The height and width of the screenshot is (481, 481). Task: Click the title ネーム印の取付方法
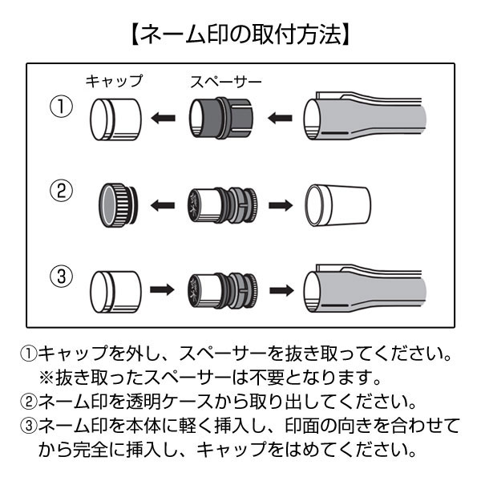(240, 34)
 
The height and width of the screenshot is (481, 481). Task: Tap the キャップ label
(114, 81)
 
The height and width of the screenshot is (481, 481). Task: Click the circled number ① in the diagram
(61, 108)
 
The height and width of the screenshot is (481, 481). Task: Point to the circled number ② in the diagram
(61, 192)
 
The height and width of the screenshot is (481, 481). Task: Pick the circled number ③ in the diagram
(61, 279)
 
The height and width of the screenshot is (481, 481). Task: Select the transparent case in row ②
(337, 205)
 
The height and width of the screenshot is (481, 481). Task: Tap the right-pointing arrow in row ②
(282, 205)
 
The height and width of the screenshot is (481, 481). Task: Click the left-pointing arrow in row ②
(164, 205)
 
